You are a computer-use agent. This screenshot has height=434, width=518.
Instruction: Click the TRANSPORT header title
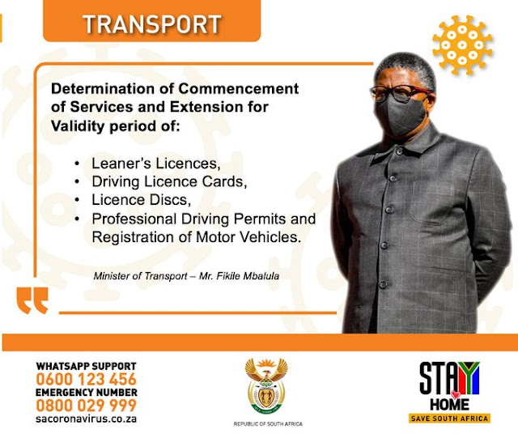pos(151,24)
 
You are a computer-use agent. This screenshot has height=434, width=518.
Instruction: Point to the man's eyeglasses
pos(399,91)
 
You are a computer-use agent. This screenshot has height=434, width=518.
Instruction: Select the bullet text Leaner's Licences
pos(155,164)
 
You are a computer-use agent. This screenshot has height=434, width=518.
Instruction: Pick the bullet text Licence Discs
pos(138,200)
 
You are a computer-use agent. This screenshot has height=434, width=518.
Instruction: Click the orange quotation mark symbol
pos(32,299)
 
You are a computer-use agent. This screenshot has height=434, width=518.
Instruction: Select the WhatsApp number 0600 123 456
pos(86,379)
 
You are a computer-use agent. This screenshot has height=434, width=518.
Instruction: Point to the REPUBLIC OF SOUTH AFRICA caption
pos(266,424)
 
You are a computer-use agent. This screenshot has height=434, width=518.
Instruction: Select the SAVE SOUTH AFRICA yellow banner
pos(449,419)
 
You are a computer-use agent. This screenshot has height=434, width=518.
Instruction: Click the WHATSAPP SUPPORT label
pos(86,366)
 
